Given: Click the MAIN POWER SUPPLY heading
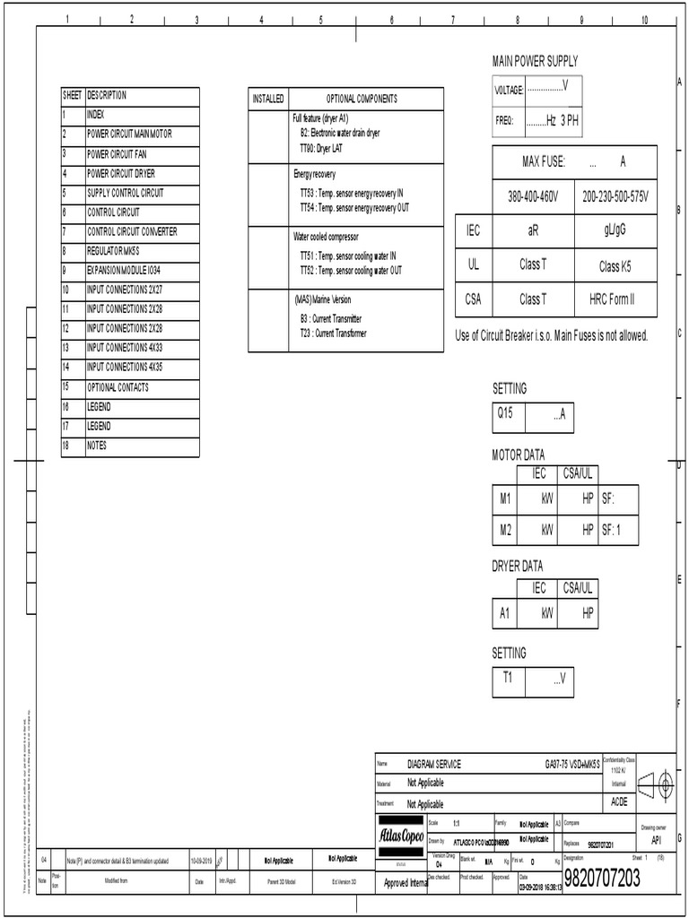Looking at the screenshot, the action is [535, 61].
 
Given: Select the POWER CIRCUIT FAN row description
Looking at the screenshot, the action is [117, 154].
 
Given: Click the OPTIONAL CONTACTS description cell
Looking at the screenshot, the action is [118, 387].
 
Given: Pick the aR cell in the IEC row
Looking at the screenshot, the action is [533, 230].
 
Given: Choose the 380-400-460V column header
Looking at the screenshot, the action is [533, 196].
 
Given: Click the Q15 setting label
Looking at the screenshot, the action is [505, 415].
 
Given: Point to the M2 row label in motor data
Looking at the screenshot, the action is [505, 530].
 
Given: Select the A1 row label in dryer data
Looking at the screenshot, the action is [505, 615].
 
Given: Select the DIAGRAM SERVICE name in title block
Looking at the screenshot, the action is [434, 764].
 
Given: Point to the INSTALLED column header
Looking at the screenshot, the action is [268, 99].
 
